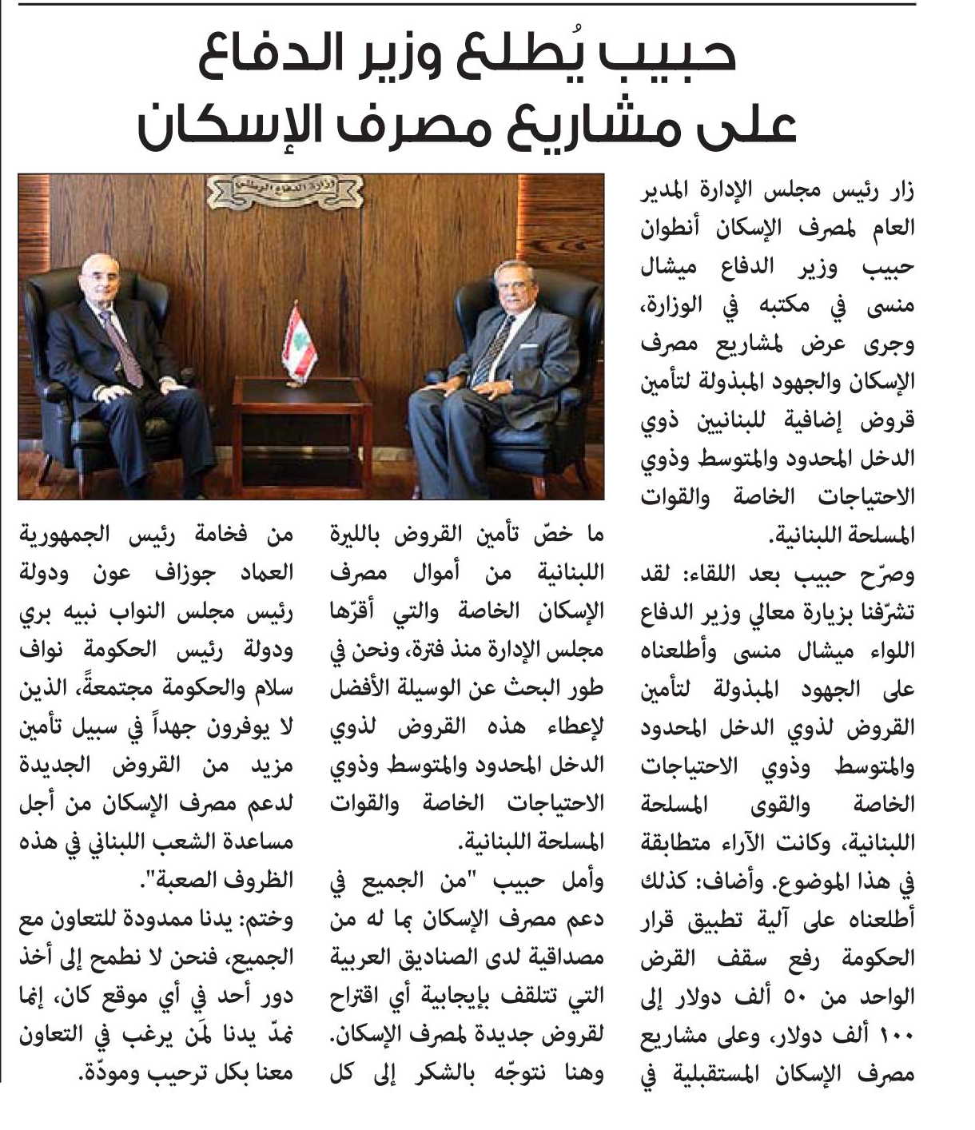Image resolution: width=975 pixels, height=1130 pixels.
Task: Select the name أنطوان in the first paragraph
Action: (x=673, y=229)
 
